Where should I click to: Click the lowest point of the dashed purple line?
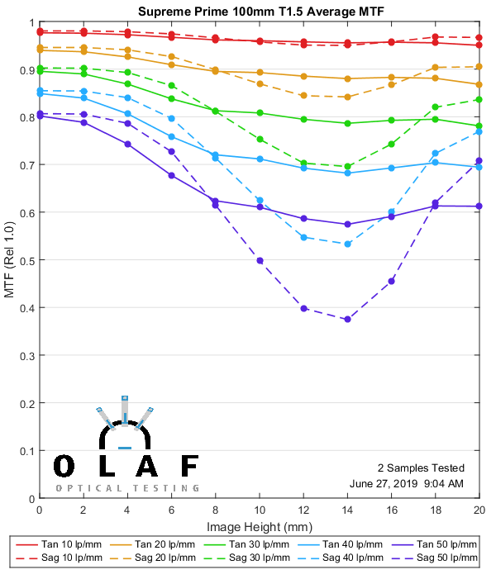(x=347, y=320)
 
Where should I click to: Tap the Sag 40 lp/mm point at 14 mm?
(x=347, y=244)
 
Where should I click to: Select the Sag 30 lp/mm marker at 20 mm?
(x=479, y=100)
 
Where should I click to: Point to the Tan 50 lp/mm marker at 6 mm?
(x=171, y=175)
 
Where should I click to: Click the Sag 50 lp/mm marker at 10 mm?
(x=260, y=260)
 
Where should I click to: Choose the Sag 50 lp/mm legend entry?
(x=437, y=558)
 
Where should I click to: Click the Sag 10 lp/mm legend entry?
(x=69, y=558)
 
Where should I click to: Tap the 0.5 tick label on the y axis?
(x=26, y=260)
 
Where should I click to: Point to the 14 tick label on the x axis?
(x=347, y=511)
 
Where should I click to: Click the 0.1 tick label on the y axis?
(x=26, y=452)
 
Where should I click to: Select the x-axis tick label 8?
(x=215, y=511)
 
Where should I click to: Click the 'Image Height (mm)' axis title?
(x=260, y=526)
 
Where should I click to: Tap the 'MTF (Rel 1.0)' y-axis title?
(x=10, y=260)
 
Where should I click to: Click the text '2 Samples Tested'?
(x=420, y=468)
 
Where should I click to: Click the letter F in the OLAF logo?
(x=188, y=466)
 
